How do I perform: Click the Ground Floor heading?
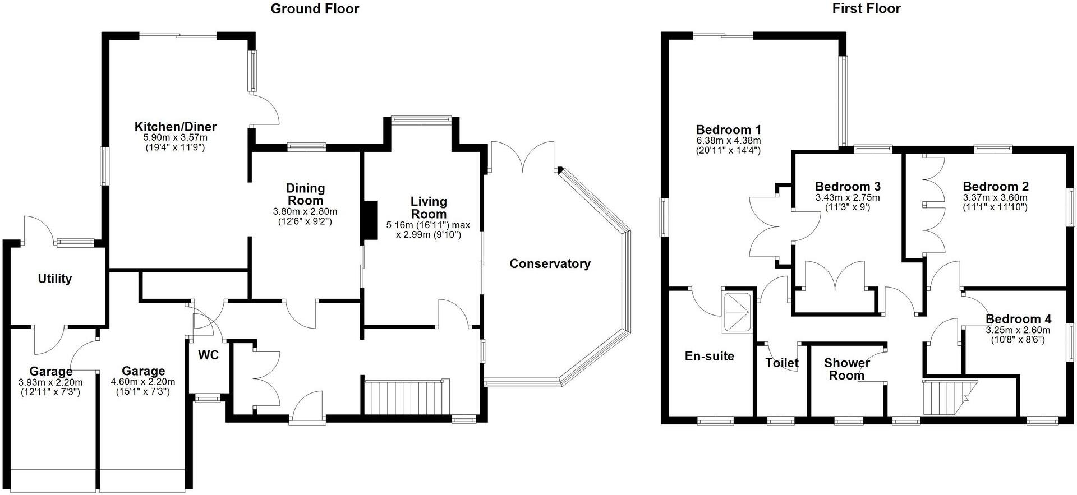coord(315,8)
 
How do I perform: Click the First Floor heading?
coord(867,8)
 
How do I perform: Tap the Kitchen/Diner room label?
coord(176,127)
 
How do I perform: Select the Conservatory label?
coord(550,263)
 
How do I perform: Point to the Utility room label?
coord(55,279)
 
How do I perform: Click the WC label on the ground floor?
coord(208,355)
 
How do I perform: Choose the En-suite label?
coord(710,356)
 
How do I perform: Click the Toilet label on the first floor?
coord(782,363)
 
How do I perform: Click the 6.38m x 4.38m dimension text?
coord(728,140)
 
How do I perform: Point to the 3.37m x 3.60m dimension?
coord(996,197)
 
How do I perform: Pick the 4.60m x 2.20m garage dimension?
coord(144,382)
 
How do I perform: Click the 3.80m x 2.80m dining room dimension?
coord(305,211)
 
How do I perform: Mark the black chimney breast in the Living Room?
coord(370,220)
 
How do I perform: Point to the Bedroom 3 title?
coord(848,186)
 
